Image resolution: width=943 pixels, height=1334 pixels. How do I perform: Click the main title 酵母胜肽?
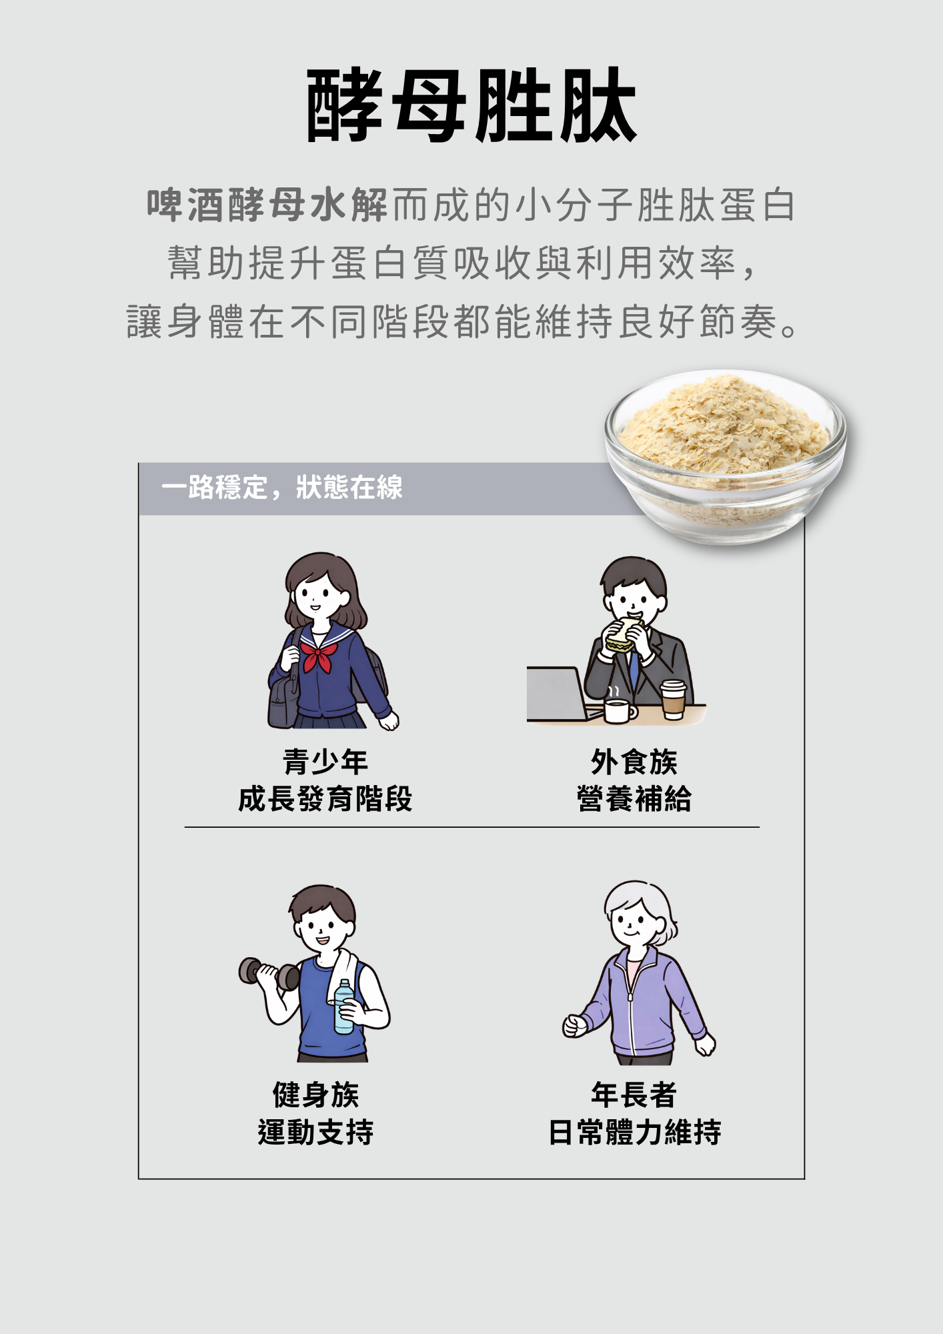pos(471,105)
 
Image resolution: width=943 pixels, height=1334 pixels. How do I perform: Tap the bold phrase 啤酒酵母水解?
pos(267,205)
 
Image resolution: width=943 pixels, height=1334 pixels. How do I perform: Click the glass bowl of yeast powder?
pos(726,456)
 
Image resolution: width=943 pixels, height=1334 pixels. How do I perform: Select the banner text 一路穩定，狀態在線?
pos(282,488)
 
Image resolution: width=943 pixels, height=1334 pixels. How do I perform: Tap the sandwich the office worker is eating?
pos(623,634)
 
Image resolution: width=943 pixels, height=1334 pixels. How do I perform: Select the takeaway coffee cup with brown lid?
pos(674,700)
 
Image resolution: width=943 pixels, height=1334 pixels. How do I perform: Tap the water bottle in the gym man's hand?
pos(344,1007)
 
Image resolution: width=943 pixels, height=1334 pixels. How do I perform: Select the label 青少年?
pos(325,762)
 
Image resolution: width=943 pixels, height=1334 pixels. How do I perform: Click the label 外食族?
pos(634,762)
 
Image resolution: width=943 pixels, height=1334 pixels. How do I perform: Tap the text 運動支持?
pos(316,1132)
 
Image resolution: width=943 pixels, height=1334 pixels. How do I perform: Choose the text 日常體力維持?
pos(634,1132)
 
